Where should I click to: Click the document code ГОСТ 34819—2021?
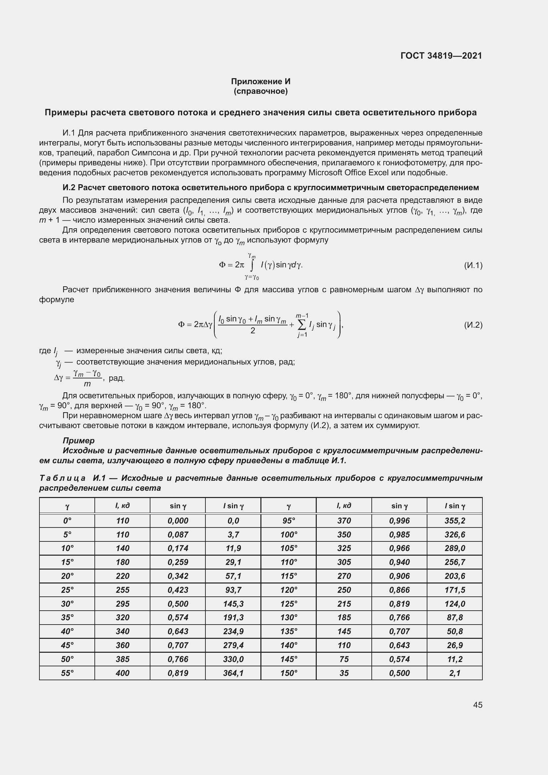(x=441, y=56)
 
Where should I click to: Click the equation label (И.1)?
(x=473, y=266)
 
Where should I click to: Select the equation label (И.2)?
(x=473, y=325)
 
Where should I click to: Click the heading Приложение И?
(x=260, y=82)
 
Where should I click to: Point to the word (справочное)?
(x=260, y=91)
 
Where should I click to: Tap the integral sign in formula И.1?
(x=252, y=265)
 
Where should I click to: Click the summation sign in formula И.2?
(x=302, y=325)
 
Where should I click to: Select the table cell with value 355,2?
(x=455, y=521)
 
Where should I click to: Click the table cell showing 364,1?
(x=233, y=673)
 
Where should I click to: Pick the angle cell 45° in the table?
(x=67, y=645)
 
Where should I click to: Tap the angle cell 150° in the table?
(x=289, y=673)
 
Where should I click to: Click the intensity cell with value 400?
(x=123, y=673)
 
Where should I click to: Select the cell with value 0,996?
(x=399, y=521)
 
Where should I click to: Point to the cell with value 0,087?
(x=178, y=535)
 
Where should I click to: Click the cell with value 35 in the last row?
(x=344, y=673)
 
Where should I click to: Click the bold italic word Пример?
(x=79, y=440)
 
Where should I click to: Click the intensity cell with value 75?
(x=344, y=659)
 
